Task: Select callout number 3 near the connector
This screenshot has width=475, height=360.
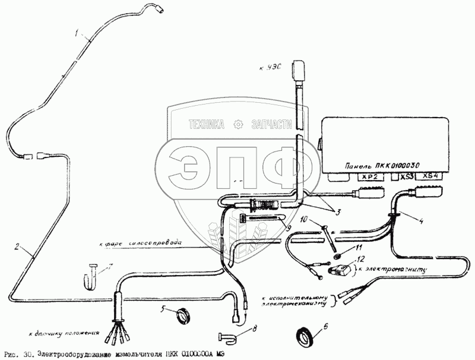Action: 338,213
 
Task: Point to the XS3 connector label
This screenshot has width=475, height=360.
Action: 407,176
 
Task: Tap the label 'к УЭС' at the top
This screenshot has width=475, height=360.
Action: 270,70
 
